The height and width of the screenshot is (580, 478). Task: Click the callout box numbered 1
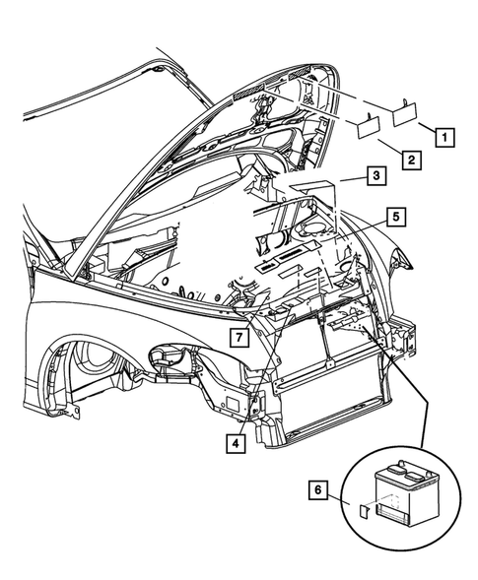coord(444,137)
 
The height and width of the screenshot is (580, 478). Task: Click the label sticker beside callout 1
coord(407,116)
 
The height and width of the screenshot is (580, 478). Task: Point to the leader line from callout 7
coord(254,330)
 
